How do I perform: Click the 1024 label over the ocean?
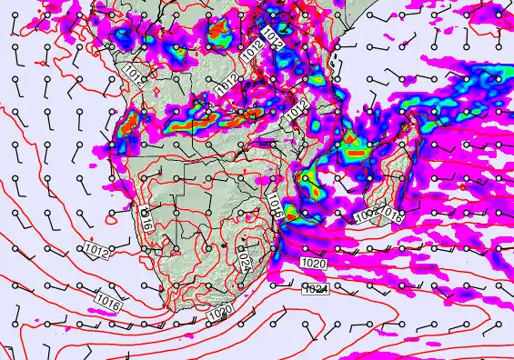315,289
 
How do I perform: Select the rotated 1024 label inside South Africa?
244,261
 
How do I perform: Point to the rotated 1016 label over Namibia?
148,217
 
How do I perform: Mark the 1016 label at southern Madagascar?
391,215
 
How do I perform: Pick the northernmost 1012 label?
274,36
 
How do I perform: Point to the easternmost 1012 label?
296,114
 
